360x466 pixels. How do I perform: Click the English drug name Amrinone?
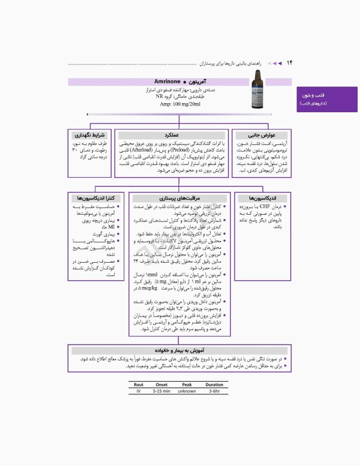click(x=156, y=81)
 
